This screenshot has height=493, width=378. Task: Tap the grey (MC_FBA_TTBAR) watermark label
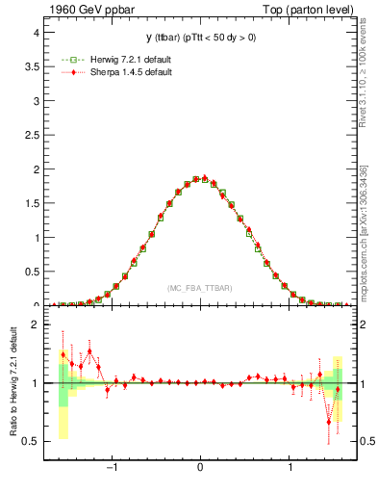pyautogui.click(x=199, y=288)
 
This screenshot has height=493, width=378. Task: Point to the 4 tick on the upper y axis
pyautogui.click(x=35, y=32)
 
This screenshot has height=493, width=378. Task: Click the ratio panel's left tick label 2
pyautogui.click(x=35, y=325)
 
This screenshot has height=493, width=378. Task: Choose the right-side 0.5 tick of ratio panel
pyautogui.click(x=365, y=441)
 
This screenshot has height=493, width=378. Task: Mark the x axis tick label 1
pyautogui.click(x=290, y=469)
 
